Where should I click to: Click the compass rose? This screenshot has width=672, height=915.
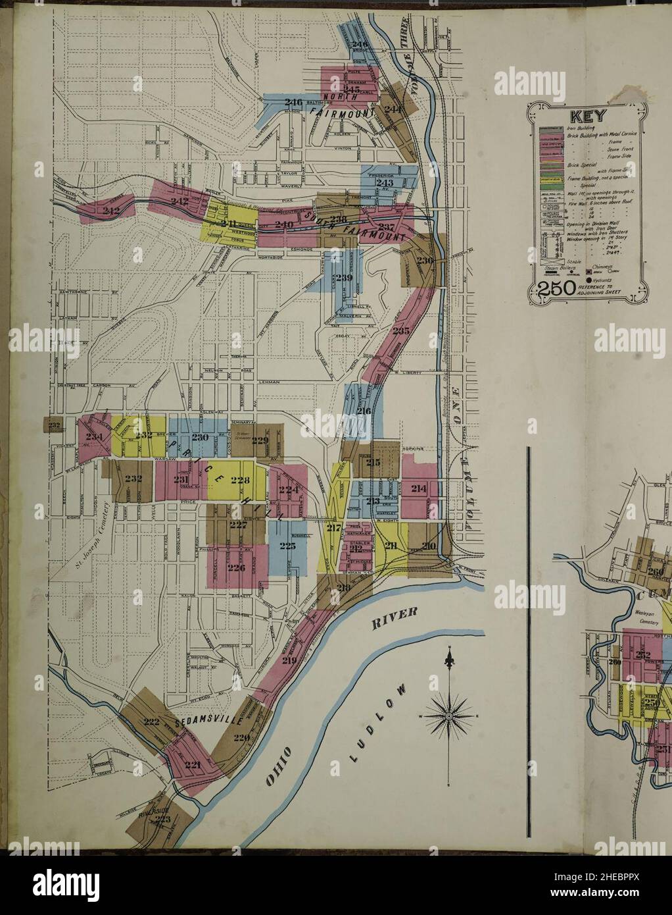[448, 714]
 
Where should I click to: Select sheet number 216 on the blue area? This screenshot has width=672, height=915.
[363, 411]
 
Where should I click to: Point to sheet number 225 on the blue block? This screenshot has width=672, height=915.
[287, 545]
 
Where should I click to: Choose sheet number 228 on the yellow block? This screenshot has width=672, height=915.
[239, 481]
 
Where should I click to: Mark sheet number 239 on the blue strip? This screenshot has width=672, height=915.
[344, 278]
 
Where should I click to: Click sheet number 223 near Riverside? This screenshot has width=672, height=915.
[161, 818]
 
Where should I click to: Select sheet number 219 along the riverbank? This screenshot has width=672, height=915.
[289, 660]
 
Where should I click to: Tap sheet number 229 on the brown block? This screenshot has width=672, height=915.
[260, 440]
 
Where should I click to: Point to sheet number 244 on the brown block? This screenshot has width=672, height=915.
[393, 109]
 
